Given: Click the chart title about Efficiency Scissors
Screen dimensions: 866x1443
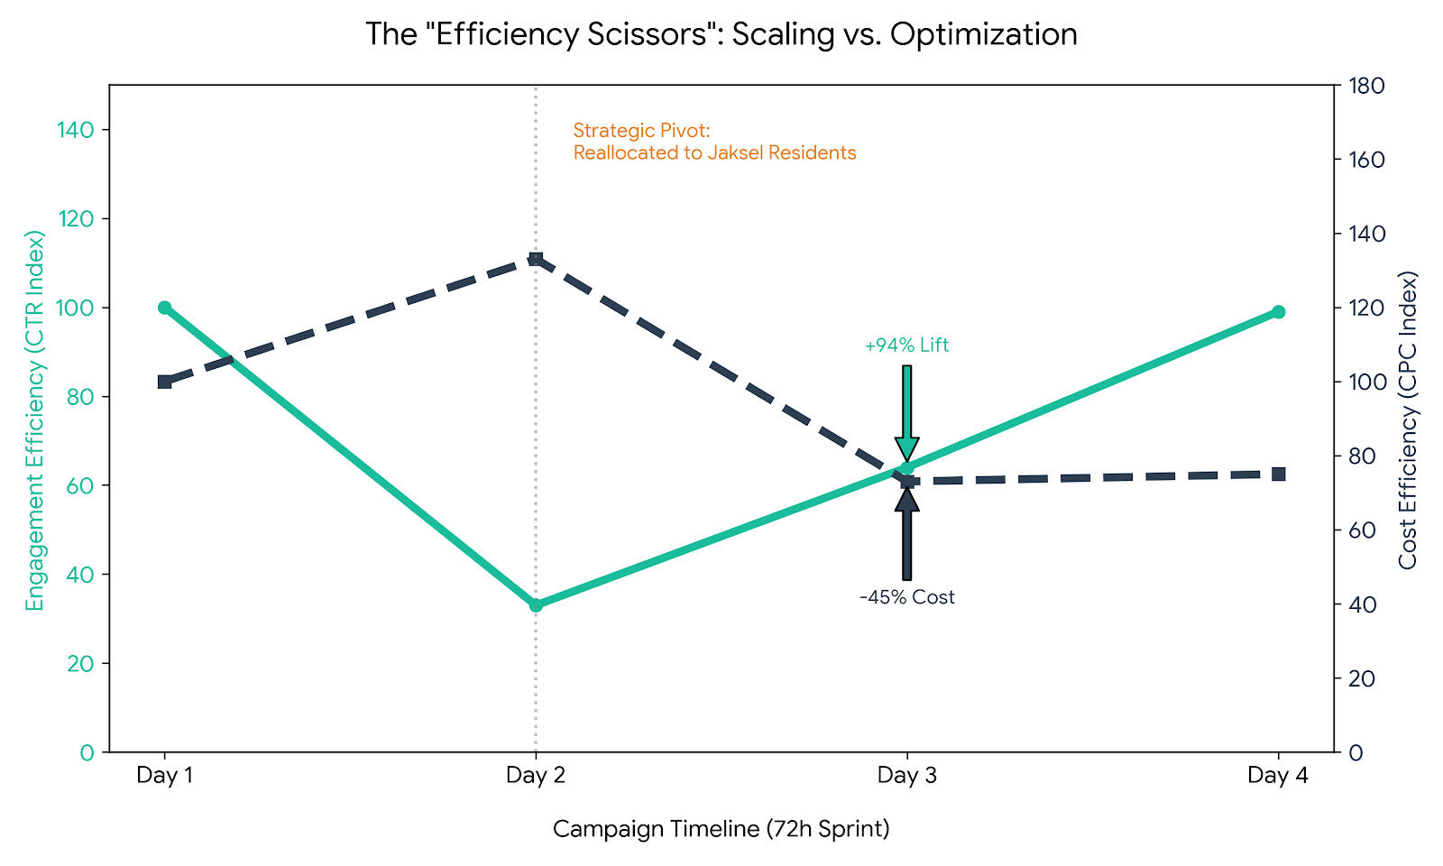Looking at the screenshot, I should click(x=721, y=34).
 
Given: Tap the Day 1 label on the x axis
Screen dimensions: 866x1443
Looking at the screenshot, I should click(x=164, y=775).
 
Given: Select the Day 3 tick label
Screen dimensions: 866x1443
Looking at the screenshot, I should click(x=906, y=775).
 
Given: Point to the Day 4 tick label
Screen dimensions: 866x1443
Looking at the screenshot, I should click(x=1277, y=775).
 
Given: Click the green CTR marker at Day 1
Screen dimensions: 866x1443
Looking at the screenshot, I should click(x=164, y=308).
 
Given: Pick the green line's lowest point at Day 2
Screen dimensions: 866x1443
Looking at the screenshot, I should click(x=536, y=604).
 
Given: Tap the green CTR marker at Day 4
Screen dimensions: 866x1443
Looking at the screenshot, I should click(x=1278, y=312).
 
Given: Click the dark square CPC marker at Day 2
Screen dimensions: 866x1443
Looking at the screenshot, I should click(x=536, y=259).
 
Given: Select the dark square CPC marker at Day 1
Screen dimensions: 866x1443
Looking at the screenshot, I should click(x=164, y=382).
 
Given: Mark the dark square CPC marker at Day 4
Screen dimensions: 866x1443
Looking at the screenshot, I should click(x=1278, y=474).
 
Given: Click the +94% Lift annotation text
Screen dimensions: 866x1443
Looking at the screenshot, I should click(x=906, y=345).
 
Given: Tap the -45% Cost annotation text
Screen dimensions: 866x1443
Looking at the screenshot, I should click(x=906, y=597).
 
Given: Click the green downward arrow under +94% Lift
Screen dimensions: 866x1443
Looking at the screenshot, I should click(x=906, y=415).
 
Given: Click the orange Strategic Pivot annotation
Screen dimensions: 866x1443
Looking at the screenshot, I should click(x=714, y=142).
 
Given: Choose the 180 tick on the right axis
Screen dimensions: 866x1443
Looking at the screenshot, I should click(x=1365, y=86).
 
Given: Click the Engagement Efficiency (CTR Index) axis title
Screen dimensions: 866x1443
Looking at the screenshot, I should click(x=34, y=420).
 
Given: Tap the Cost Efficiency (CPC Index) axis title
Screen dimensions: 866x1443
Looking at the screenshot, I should click(x=1408, y=420).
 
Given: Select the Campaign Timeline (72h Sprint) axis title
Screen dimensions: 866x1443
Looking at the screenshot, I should click(x=721, y=829).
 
